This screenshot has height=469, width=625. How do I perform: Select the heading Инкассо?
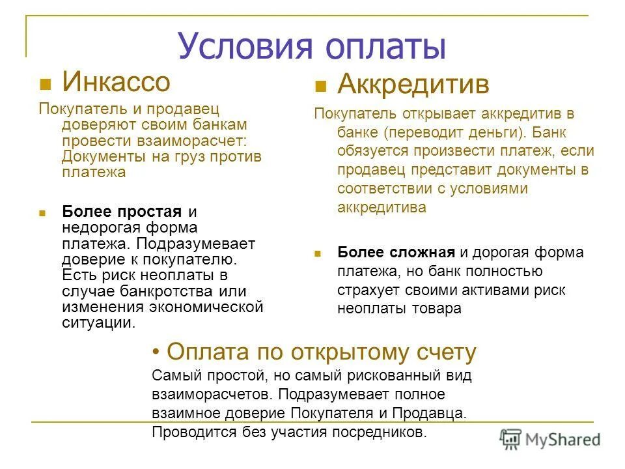point(116,82)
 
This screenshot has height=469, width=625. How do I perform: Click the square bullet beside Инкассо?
point(45,84)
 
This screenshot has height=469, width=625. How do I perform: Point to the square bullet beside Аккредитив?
point(320,87)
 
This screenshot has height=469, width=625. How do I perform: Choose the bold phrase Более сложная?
point(396,252)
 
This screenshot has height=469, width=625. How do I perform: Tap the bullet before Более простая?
point(42,212)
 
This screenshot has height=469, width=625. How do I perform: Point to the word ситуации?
point(99,322)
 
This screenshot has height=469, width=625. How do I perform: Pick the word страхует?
point(367,290)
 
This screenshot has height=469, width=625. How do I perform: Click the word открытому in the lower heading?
point(345,352)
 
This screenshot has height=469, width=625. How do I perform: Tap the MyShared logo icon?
point(512,439)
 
